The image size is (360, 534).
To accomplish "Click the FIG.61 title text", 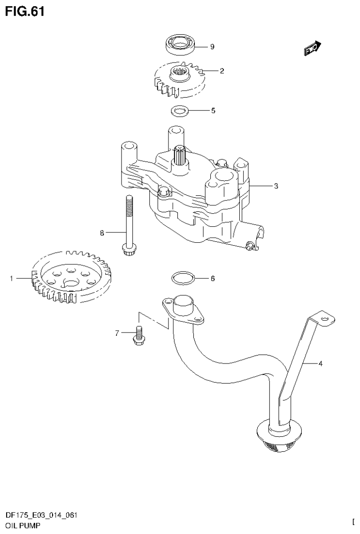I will (25, 11).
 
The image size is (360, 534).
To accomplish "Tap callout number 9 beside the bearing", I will (212, 46).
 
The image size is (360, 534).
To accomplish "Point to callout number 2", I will (222, 71).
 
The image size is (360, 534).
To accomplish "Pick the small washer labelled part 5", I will (179, 111).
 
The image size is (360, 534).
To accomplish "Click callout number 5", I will (213, 111).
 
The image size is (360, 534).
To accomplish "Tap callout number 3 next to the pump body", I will (276, 186).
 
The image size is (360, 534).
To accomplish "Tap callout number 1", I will (11, 279).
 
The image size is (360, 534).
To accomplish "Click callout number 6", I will (212, 279).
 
